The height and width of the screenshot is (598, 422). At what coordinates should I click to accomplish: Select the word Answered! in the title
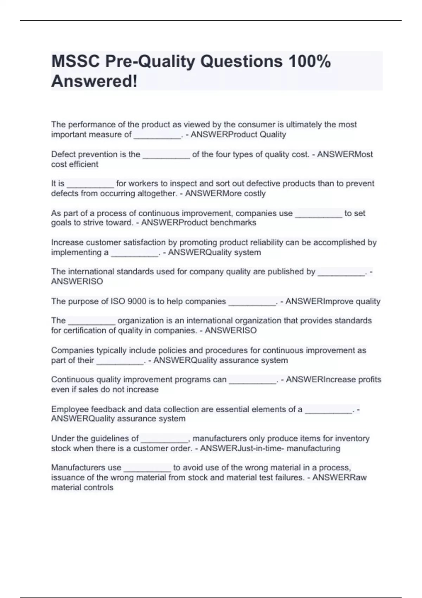coord(94,81)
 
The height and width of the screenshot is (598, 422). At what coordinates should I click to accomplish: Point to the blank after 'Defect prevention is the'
coord(166,154)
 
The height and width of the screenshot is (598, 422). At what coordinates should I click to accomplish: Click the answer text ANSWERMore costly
coord(225,193)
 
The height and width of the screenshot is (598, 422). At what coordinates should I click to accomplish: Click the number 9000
coord(137,301)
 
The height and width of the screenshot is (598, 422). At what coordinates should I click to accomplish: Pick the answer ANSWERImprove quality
coord(333,301)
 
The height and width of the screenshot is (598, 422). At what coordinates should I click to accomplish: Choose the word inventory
coord(352,439)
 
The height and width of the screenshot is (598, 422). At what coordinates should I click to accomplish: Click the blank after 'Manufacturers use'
coord(147,468)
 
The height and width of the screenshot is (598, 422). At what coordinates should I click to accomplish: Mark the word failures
coord(288,478)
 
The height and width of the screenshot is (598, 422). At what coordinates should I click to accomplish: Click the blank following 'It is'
coord(90,184)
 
